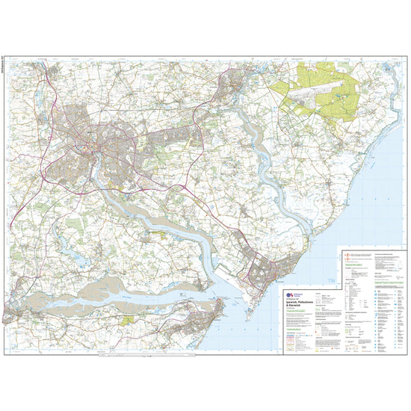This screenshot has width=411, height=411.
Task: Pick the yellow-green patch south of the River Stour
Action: (x=129, y=319)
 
